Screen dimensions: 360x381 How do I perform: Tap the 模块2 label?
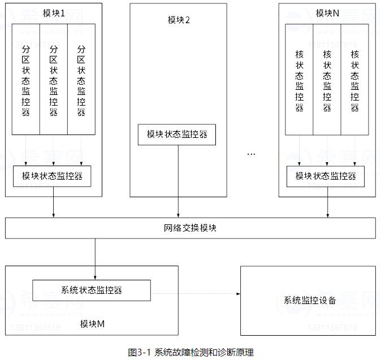point(179,20)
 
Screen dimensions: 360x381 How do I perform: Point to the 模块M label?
point(92,324)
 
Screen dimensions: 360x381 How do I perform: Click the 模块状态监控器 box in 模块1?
point(52,176)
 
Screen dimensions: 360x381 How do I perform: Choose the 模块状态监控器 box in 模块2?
point(177,135)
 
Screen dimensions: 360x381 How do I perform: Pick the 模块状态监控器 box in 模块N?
point(326,176)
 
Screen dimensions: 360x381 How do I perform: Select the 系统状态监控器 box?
point(92,290)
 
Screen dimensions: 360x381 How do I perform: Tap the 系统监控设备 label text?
point(310,300)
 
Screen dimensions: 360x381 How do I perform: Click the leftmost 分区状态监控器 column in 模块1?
point(25,79)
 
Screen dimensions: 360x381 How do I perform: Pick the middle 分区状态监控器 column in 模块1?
point(54,79)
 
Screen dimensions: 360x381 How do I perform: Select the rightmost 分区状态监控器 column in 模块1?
point(81,79)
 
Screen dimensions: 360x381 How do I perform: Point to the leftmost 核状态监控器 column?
point(299,79)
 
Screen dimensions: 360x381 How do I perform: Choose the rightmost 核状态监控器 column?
point(355,79)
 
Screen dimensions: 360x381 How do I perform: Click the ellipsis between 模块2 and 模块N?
point(252,154)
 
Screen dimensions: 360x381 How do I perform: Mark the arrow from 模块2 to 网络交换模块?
point(178,181)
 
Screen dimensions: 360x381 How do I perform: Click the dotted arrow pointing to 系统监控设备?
point(195,293)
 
